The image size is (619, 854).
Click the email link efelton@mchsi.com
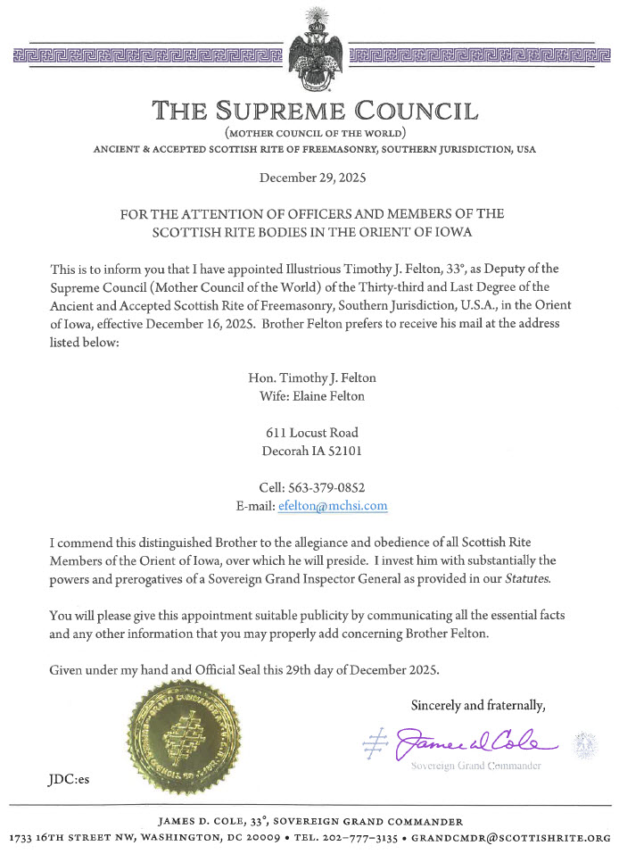[333, 505]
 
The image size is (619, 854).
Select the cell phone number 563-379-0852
[334, 487]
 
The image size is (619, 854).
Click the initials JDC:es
[69, 779]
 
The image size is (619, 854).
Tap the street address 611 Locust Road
[312, 433]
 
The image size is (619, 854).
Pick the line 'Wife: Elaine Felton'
[311, 396]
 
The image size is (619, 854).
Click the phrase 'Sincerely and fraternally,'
[477, 705]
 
